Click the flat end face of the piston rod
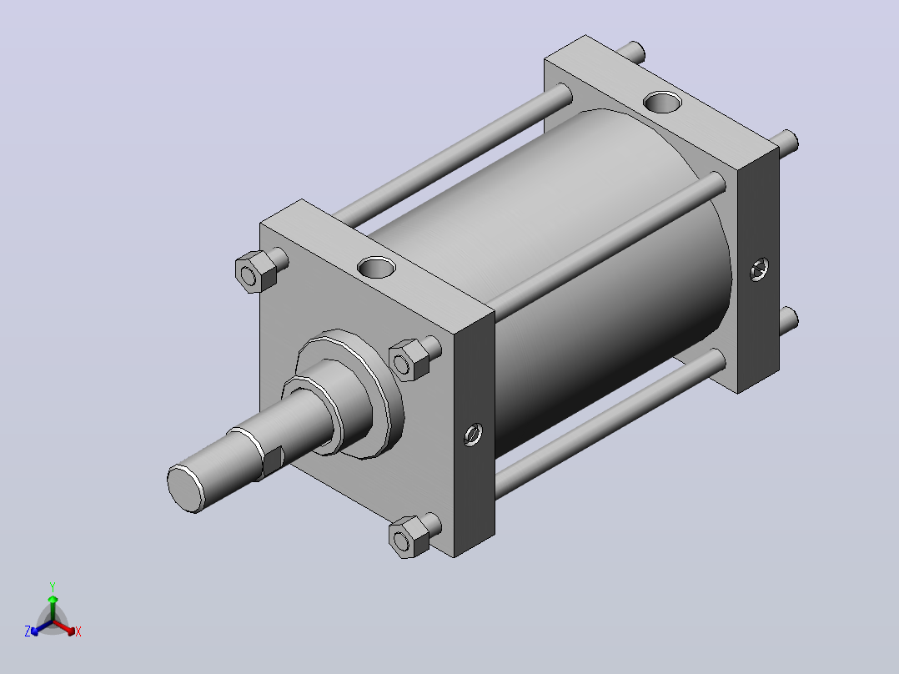point(186,488)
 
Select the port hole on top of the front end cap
point(376,267)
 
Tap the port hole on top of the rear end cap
point(662,102)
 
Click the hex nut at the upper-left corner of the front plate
point(256,272)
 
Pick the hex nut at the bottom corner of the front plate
point(409,536)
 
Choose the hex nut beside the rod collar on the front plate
point(409,360)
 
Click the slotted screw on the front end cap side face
point(473,435)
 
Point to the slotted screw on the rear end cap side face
point(760,269)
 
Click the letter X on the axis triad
point(78,631)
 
